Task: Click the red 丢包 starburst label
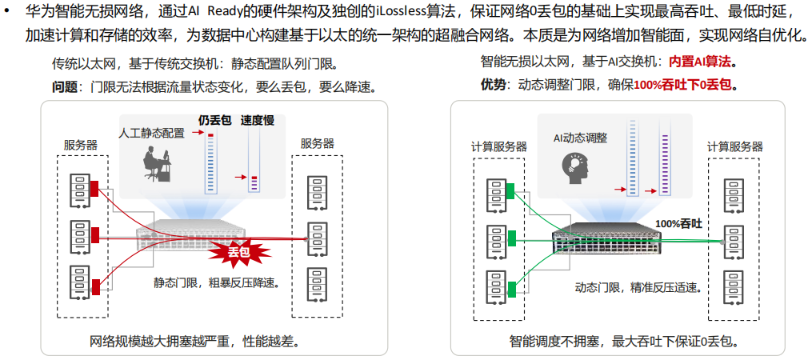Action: click(238, 252)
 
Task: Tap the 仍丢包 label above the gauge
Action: click(214, 121)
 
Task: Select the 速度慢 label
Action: click(258, 121)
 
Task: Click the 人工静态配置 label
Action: click(151, 133)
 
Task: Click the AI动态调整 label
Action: click(580, 138)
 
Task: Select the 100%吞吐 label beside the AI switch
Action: click(678, 224)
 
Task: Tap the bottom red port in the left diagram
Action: click(96, 286)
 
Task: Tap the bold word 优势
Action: click(494, 84)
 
